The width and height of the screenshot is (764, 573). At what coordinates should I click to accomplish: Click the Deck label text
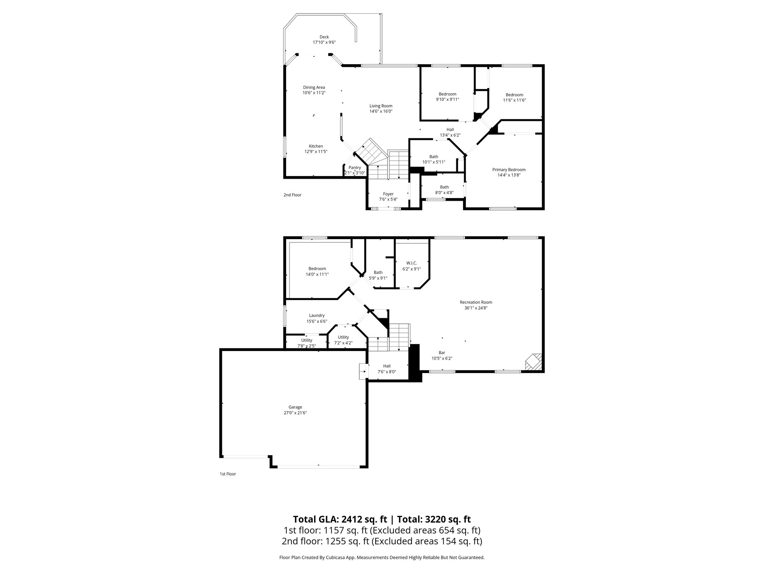pos(324,37)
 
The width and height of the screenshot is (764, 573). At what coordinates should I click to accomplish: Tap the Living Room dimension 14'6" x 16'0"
pos(381,111)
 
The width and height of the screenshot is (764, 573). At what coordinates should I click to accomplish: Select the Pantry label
pos(354,168)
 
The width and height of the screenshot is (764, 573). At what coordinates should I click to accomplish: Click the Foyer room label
pos(388,194)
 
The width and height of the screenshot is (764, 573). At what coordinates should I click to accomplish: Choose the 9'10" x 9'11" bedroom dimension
pos(447,100)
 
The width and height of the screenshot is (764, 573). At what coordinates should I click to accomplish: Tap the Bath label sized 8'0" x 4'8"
pos(444,187)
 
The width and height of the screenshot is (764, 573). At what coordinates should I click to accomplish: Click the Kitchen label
pos(316,146)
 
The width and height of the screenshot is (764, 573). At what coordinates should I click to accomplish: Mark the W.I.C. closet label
pos(412,263)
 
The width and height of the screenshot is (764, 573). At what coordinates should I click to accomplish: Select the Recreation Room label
pos(476,302)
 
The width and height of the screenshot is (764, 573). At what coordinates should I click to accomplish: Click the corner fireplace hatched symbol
pos(533,362)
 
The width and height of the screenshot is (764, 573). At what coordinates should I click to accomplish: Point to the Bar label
pos(442,353)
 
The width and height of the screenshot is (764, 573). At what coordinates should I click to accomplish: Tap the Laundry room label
pos(317,315)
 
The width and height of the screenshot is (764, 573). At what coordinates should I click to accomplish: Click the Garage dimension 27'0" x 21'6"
pos(295,413)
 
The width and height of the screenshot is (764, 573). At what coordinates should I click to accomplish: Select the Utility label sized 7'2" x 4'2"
pos(343,337)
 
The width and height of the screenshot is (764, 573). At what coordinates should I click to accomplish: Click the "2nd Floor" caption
pos(292,195)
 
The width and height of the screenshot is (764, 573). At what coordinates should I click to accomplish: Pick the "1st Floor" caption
pos(228,474)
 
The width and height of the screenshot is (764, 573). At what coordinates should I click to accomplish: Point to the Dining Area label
pos(314,87)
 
